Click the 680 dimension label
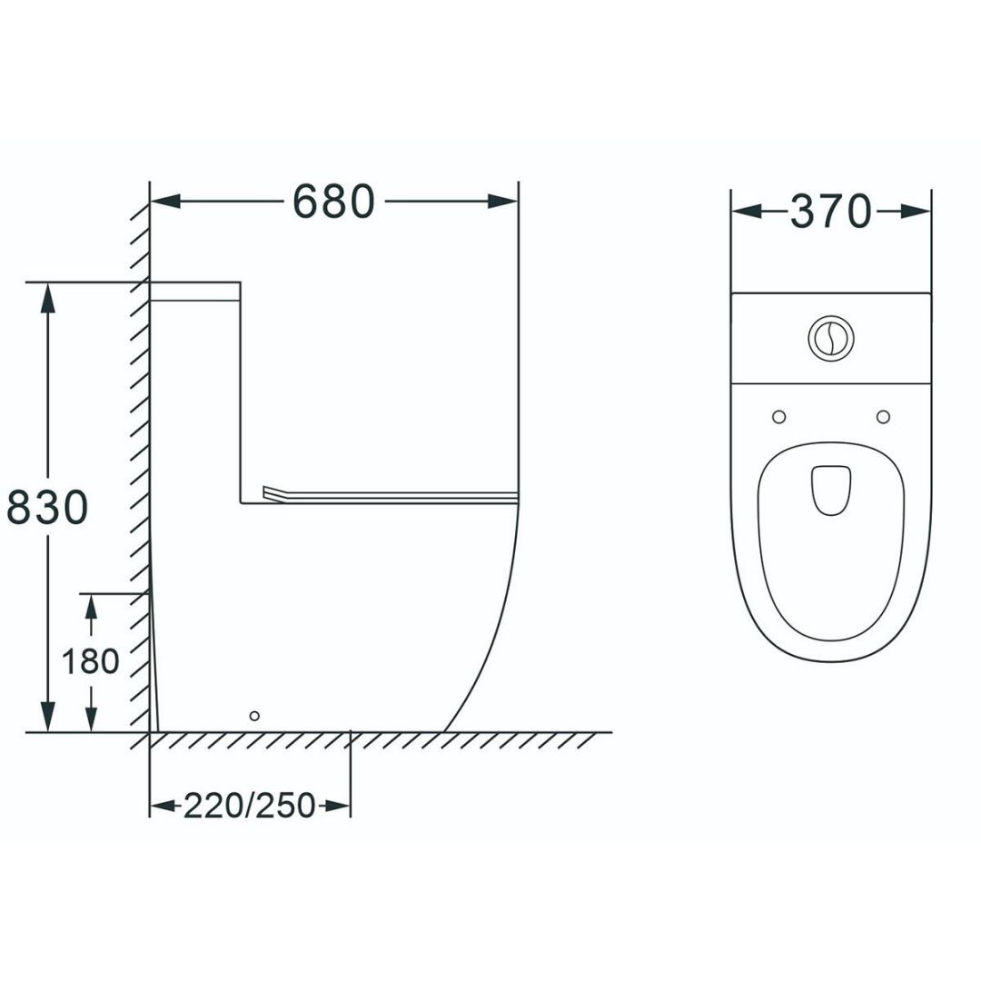pyautogui.click(x=333, y=202)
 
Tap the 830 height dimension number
pyautogui.click(x=47, y=507)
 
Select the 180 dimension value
pyautogui.click(x=91, y=661)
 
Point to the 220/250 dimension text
pyautogui.click(x=249, y=805)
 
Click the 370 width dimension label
pyautogui.click(x=830, y=212)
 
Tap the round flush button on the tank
pyautogui.click(x=831, y=338)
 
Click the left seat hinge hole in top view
pyautogui.click(x=779, y=417)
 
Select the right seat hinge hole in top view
pyautogui.click(x=884, y=417)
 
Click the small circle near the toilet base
pyautogui.click(x=254, y=716)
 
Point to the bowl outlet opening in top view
pyautogui.click(x=831, y=490)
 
